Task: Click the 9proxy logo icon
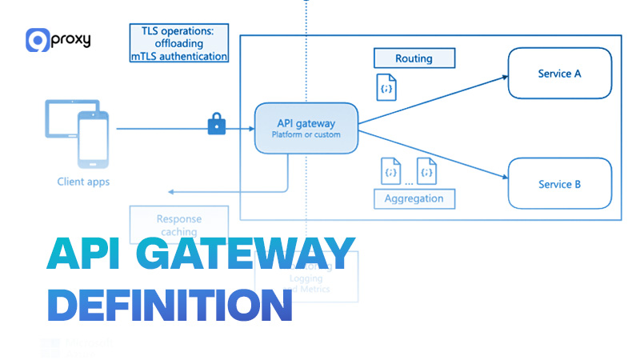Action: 37,40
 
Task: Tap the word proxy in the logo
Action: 70,39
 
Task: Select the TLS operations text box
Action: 179,43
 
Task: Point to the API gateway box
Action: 306,128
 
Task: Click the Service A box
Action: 560,74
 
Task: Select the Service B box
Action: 560,184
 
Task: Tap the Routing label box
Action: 414,58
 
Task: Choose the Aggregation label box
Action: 414,198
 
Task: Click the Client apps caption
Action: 83,182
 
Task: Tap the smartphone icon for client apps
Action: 92,139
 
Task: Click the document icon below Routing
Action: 386,87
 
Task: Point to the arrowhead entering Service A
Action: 505,77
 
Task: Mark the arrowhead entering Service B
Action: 505,179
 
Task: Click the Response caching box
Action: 179,224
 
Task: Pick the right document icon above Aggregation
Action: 427,172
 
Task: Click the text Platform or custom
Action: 306,135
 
